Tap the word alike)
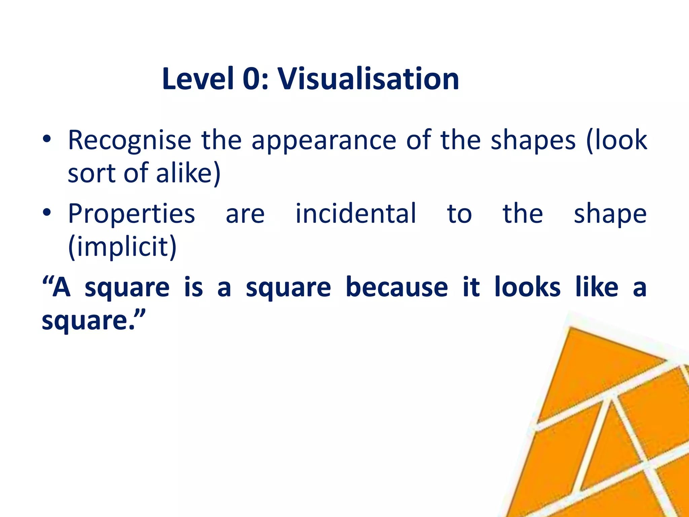coord(188,173)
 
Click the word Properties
coord(132,214)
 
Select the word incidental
coord(356,214)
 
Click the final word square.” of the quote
coord(94,321)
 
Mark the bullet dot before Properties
coord(47,213)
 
